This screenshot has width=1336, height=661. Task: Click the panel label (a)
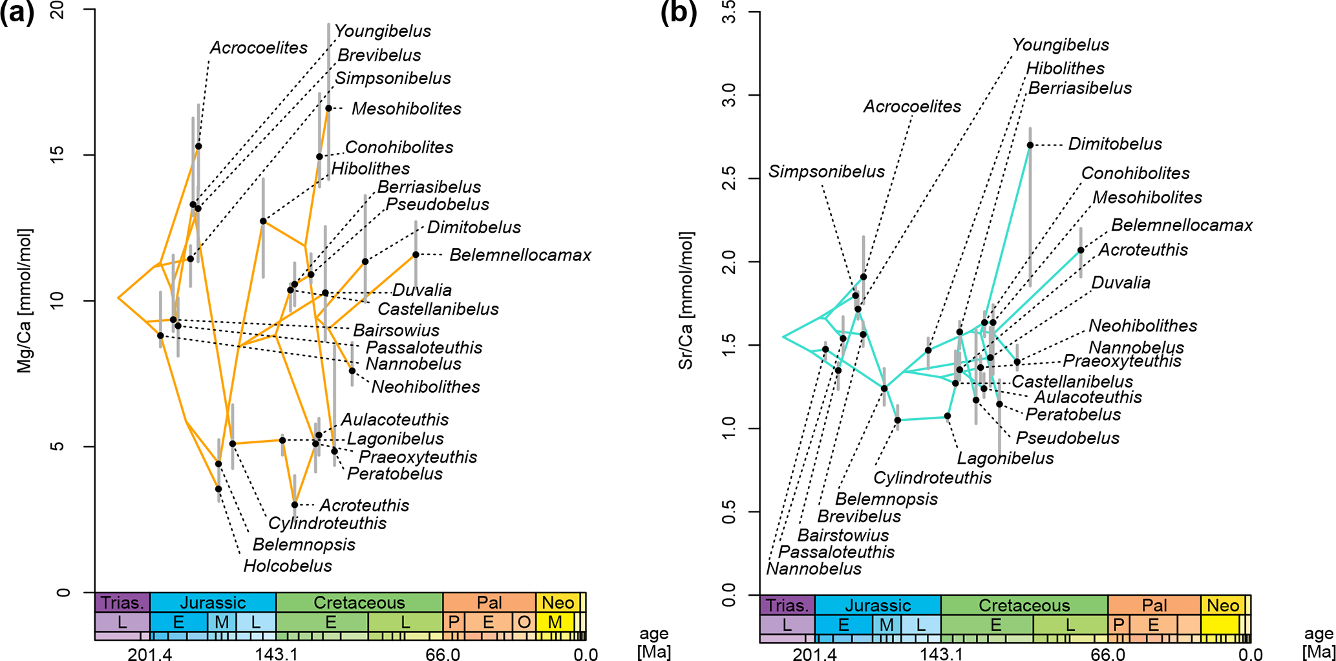tap(17, 13)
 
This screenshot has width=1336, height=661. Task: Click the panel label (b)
tap(679, 13)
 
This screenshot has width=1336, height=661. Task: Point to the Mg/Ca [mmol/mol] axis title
tap(25, 301)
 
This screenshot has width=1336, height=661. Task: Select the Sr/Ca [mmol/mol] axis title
tap(686, 301)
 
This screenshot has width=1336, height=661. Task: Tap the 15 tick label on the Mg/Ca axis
tap(61, 155)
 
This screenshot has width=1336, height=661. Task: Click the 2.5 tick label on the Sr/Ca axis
tap(729, 178)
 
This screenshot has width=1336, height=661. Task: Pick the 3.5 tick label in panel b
tap(729, 12)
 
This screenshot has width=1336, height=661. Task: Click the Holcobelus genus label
tap(288, 566)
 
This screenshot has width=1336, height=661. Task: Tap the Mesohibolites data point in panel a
tap(328, 109)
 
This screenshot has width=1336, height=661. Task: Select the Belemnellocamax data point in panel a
tap(416, 255)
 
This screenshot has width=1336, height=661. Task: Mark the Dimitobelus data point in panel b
tap(1030, 145)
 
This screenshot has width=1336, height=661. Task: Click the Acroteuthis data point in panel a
tap(295, 505)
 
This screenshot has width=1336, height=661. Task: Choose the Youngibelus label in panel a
tap(383, 31)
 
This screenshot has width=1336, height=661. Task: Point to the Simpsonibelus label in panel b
tap(826, 172)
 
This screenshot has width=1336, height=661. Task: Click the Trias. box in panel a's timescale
tap(122, 603)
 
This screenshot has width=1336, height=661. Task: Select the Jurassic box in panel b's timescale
tap(878, 605)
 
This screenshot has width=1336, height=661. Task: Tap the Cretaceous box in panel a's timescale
tap(359, 603)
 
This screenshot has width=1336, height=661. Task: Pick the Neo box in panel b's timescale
tap(1222, 605)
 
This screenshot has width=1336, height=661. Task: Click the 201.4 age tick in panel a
tap(149, 654)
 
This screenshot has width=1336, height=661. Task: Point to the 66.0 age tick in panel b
tap(1108, 654)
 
